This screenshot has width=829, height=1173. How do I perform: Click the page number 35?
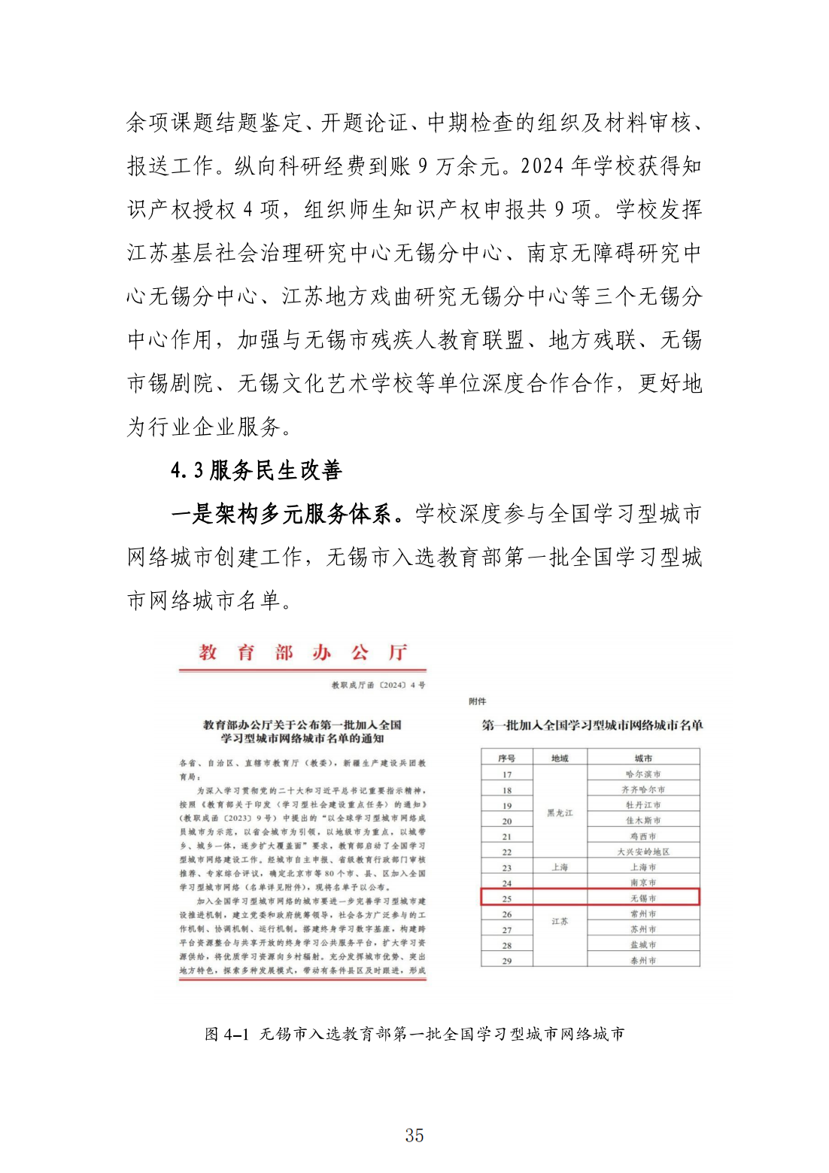coord(414,1135)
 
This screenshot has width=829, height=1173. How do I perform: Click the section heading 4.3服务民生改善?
coord(256,470)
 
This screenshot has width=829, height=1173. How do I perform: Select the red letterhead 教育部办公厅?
coord(302,652)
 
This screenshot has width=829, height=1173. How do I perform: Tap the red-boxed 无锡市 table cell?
coord(643,898)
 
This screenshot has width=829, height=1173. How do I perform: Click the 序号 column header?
coord(506,758)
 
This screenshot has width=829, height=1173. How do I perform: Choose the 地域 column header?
coord(560,758)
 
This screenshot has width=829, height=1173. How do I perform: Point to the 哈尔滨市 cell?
coord(643,773)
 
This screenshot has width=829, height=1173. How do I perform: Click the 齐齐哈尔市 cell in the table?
coord(643,789)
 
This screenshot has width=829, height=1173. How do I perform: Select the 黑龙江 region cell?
coord(560,813)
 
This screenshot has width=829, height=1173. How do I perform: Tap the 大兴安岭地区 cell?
coord(643,852)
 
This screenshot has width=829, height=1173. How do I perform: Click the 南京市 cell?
coord(643,883)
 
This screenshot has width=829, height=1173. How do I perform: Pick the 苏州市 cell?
coord(643,930)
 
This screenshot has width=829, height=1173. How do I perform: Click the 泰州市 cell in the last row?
coord(643,961)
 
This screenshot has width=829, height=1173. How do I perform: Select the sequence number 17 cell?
coord(506,774)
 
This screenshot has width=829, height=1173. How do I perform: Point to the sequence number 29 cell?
coord(506,961)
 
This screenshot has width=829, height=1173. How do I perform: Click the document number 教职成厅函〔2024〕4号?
coord(378,685)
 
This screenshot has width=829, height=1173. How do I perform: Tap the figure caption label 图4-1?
coord(226,1034)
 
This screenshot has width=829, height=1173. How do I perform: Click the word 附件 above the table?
coord(477,701)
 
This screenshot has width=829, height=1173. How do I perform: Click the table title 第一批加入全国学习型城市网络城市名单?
coord(592,725)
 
